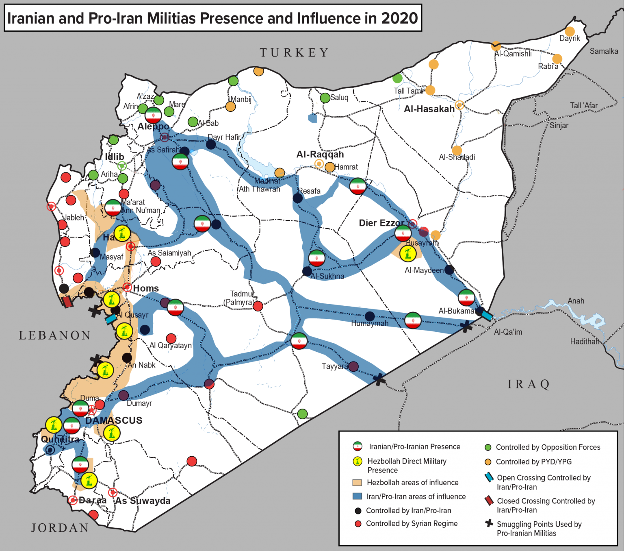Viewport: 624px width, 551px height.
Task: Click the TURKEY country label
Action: tap(294, 53)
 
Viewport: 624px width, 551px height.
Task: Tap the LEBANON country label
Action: tap(55, 335)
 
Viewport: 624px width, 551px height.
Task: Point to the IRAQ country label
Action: tap(529, 384)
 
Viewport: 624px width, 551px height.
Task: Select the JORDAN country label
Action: tap(60, 528)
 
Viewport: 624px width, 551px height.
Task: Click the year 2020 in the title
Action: tap(399, 18)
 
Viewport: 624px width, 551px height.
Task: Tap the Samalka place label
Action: tap(604, 51)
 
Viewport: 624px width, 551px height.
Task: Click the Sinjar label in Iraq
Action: tap(559, 125)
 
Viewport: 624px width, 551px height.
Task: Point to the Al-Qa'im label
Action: tap(508, 332)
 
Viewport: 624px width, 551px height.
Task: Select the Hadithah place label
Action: tap(584, 342)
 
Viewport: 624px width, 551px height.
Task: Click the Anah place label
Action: tap(576, 301)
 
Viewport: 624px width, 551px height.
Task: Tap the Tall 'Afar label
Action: tap(583, 106)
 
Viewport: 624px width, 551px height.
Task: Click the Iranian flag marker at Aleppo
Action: tap(153, 115)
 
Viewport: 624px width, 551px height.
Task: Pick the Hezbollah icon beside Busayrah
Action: tap(407, 254)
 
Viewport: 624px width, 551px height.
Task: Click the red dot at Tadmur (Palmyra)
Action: tap(258, 306)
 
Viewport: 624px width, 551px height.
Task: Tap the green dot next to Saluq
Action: tap(325, 98)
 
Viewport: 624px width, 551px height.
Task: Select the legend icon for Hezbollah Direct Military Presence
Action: tap(357, 461)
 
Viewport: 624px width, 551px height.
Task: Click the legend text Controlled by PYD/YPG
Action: tap(533, 462)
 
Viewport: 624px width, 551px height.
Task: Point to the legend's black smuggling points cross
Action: tap(489, 523)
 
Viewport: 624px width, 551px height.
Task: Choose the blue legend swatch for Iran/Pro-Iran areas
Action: tap(357, 497)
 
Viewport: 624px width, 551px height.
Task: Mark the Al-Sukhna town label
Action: tap(327, 276)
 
